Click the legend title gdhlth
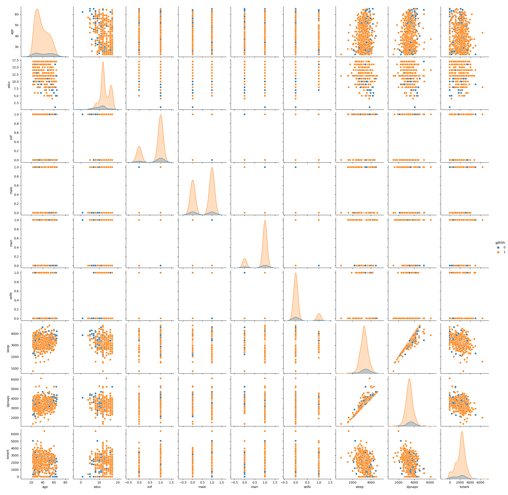(500, 243)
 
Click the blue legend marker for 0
(498, 247)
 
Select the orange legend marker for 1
(498, 252)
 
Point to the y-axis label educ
(9, 84)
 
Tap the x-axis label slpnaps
(412, 487)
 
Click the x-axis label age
(45, 487)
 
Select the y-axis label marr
(11, 243)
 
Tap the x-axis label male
(202, 487)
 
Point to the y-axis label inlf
(11, 137)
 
